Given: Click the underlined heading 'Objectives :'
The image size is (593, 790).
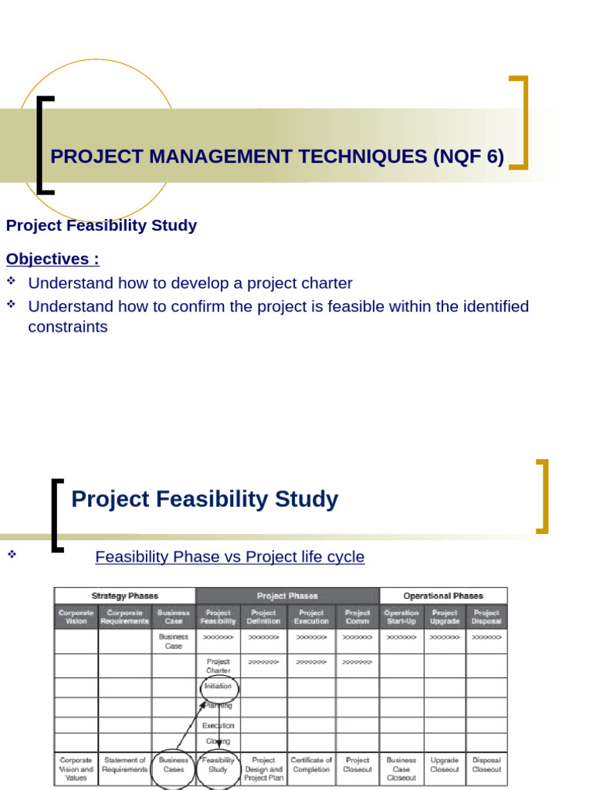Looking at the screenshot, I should point(53,258).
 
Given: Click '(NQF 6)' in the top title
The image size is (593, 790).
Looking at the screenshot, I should point(469,157).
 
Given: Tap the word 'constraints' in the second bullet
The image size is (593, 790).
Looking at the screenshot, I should point(68,326).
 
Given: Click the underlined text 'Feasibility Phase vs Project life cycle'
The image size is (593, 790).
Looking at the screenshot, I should point(229,556).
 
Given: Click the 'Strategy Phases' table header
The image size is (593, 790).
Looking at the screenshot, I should point(124,596).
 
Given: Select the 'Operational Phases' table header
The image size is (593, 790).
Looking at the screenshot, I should point(443,596).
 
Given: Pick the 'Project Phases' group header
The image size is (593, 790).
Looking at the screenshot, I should point(287,596).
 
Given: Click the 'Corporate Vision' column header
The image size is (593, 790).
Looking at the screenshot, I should point(76,616).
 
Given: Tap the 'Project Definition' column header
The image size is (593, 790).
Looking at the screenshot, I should point(263,616).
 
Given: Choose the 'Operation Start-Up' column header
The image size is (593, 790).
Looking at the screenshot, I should point(402,616).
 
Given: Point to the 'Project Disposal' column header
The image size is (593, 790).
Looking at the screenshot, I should point(486,616).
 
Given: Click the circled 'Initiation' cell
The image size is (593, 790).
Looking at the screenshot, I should point(219,686).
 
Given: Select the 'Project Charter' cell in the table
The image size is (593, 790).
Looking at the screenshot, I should point(219,666).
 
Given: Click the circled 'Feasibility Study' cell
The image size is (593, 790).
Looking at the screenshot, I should point(219,765).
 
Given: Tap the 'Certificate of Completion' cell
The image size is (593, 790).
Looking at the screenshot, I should point(311,765).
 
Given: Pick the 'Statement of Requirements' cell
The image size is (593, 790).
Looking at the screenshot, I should point(124,765).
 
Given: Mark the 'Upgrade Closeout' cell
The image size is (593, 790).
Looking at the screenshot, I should point(445,765).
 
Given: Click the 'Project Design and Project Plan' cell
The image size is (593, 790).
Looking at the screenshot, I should point(263,768).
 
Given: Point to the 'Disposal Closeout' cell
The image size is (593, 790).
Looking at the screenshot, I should point(486,765).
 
